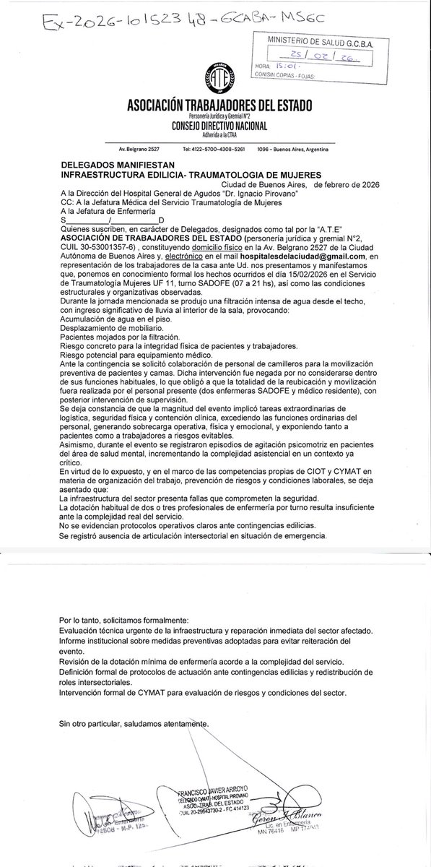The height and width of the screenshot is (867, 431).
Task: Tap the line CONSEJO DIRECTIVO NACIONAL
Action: (214, 126)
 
